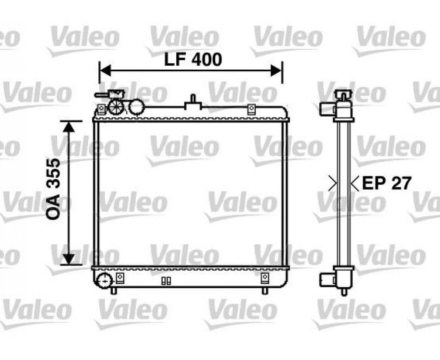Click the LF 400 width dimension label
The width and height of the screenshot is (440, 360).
[193, 60]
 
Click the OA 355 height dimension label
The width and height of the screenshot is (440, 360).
[53, 189]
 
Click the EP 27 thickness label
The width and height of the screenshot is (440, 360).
[387, 183]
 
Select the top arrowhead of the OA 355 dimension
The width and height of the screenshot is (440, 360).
[69, 126]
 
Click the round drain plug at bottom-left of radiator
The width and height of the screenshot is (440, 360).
[104, 280]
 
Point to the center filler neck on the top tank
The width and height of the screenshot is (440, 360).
[193, 102]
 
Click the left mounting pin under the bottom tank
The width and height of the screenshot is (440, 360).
[113, 290]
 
